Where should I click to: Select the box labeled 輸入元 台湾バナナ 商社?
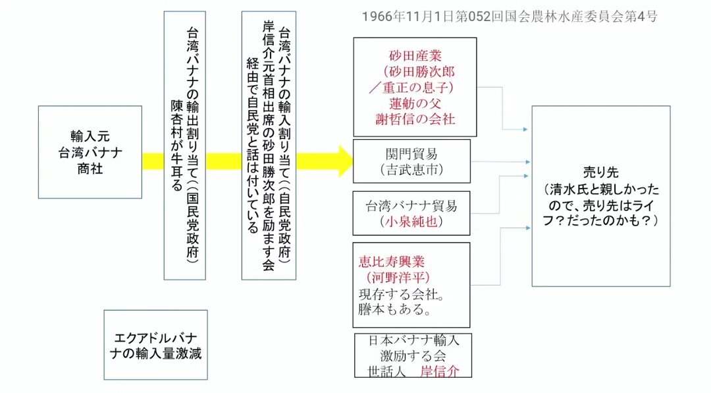coord(90,152)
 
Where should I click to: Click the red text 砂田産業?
coord(415,56)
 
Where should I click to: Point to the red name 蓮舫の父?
coord(415,103)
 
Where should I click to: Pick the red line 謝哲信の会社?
coord(415,119)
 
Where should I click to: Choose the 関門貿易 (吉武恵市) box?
coord(411,162)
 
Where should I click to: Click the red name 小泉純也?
coord(411,222)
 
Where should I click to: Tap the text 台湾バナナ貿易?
coord(411,206)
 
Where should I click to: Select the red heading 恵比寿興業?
coord(392,261)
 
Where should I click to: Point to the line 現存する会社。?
coord(402,293)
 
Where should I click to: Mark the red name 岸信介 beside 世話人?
coord(439,371)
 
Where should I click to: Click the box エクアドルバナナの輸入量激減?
coord(155,345)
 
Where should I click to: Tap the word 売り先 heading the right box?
coord(601,172)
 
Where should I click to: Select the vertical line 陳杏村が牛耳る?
coord(176,145)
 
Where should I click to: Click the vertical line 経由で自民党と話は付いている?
coord(253,145)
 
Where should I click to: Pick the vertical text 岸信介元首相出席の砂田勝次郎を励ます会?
coord(269,145)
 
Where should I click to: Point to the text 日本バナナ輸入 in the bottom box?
coord(413,340)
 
